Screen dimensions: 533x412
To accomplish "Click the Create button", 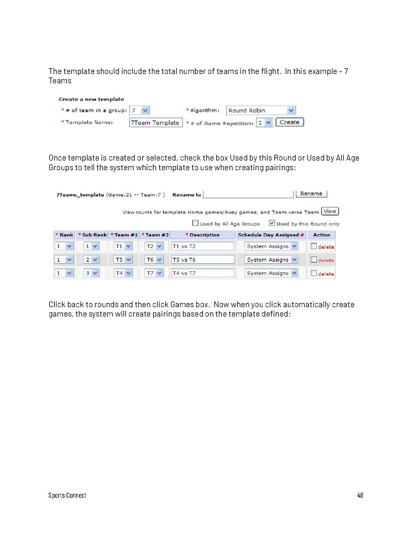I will click(x=290, y=122).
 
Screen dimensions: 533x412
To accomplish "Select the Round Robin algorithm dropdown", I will click(x=261, y=110).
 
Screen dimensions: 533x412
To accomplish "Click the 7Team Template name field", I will click(x=156, y=123).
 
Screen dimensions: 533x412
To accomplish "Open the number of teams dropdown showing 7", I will click(x=139, y=110).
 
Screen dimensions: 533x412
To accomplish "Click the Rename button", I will click(x=311, y=194).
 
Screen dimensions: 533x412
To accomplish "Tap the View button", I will click(x=330, y=211).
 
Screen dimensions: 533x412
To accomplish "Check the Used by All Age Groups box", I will click(x=195, y=223).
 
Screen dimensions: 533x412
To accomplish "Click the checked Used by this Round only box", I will click(x=272, y=223).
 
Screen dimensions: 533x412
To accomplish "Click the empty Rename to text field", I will click(x=248, y=194).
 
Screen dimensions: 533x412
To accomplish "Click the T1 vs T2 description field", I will click(x=203, y=246).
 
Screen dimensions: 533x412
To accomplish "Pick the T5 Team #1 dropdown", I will click(x=123, y=260).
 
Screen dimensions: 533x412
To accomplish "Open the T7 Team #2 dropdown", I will click(x=154, y=273).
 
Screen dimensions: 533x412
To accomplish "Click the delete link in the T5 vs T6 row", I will click(x=326, y=260).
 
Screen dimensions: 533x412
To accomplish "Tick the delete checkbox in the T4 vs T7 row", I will click(x=313, y=273).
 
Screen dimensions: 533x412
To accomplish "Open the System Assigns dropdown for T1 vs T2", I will click(x=271, y=246).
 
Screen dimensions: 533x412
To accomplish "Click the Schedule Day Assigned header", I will click(x=271, y=235).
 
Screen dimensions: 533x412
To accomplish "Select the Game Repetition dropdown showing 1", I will click(x=264, y=123).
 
